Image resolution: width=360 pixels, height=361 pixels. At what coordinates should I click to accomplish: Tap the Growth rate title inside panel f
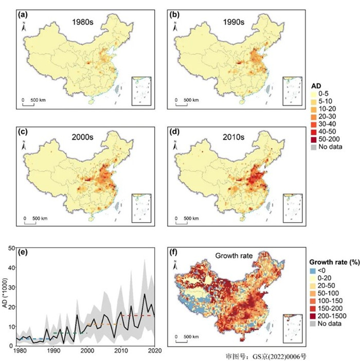pos(230,256)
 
